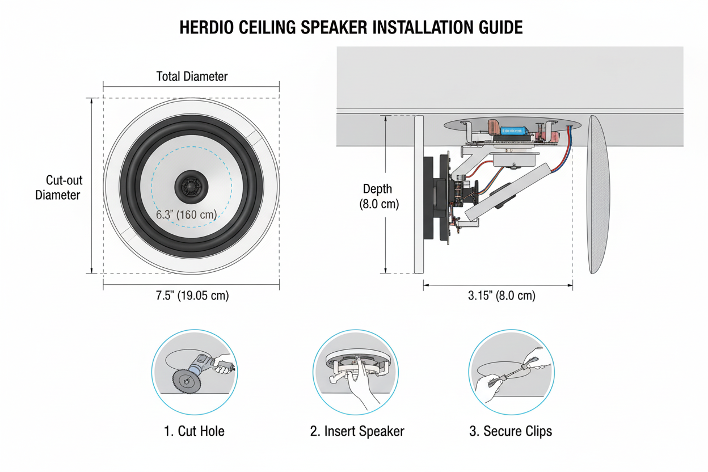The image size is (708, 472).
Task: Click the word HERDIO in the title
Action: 206,27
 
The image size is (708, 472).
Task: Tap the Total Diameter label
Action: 192,76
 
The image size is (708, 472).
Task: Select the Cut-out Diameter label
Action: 59,187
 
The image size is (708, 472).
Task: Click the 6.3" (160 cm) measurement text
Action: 187,214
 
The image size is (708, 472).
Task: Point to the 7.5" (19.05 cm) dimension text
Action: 192,296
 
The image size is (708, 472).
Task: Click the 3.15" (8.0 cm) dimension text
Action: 501,296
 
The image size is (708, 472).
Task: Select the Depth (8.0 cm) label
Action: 378,196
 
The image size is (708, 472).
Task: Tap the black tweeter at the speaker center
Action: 191,187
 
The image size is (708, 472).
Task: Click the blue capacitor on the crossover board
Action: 513,130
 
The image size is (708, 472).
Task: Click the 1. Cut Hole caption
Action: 194,431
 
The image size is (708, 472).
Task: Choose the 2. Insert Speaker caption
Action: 357,431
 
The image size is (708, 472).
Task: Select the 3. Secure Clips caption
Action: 511,431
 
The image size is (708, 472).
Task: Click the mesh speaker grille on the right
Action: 599,194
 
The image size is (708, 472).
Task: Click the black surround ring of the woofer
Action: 191,186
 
